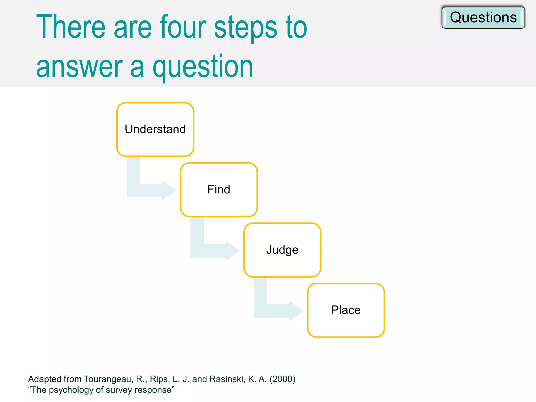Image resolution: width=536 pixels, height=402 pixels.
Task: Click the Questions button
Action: click(483, 18)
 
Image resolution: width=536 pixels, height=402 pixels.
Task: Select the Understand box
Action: click(155, 130)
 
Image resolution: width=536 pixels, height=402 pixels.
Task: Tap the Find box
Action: click(219, 190)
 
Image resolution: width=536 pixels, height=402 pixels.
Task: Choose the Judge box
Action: click(282, 250)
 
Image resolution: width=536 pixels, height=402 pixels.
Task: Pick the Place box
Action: click(346, 310)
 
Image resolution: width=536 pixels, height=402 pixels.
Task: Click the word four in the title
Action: click(183, 27)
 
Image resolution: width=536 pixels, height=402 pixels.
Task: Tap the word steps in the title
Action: click(245, 27)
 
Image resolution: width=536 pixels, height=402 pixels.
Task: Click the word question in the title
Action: click(203, 67)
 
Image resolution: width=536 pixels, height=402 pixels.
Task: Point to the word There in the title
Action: click(71, 27)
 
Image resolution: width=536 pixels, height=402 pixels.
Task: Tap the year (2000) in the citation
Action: click(282, 379)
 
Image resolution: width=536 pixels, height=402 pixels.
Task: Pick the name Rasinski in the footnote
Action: click(227, 379)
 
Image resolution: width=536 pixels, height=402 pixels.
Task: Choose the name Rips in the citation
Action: click(159, 379)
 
